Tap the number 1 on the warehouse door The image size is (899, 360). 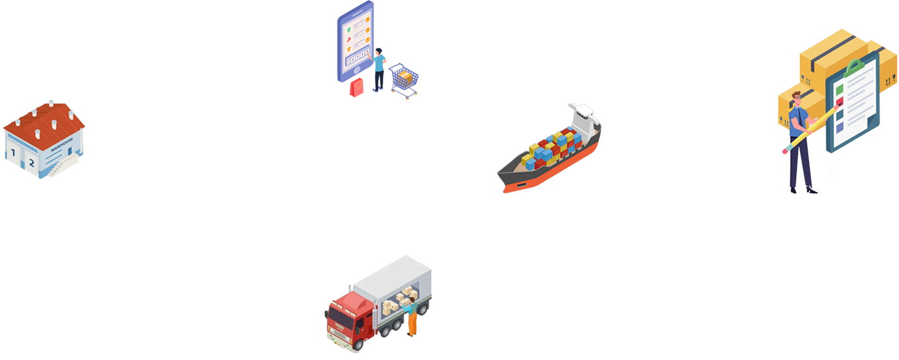click(13, 153)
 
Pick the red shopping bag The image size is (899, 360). click(357, 88)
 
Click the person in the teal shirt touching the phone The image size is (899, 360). click(379, 64)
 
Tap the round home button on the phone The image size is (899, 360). click(337, 75)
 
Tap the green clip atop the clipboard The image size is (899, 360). click(855, 66)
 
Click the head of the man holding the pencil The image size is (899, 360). click(797, 100)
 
